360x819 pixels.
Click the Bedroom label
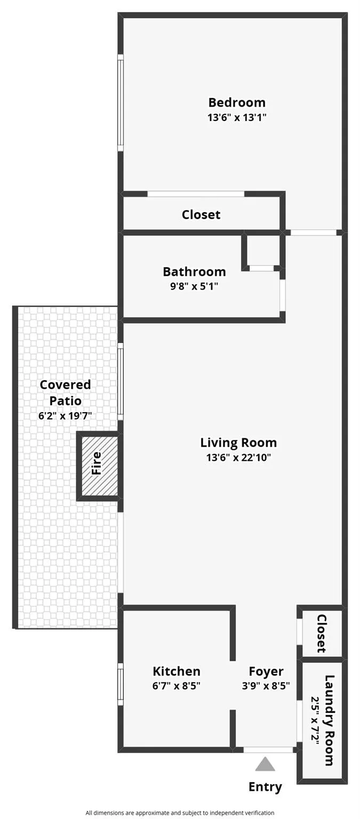click(x=236, y=102)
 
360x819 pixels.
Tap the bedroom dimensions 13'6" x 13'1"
click(x=236, y=117)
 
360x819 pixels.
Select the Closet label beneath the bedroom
click(x=201, y=214)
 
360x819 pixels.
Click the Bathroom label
click(x=194, y=272)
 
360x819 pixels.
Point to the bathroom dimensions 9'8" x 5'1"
click(x=194, y=286)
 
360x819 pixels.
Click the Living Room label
click(x=238, y=443)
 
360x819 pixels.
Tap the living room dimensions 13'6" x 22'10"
click(x=238, y=457)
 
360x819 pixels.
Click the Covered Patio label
click(x=65, y=392)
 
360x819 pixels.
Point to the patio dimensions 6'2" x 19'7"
click(x=65, y=416)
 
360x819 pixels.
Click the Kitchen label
click(x=177, y=671)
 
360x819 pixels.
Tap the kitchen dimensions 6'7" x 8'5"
click(x=177, y=686)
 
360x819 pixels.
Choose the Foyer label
click(x=266, y=671)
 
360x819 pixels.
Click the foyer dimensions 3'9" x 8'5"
click(x=266, y=686)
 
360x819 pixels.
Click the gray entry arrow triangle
click(x=265, y=765)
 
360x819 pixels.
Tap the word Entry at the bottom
click(x=265, y=787)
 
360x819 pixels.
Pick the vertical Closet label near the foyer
click(x=322, y=633)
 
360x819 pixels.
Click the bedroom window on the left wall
click(x=121, y=102)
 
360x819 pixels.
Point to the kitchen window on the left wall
click(x=121, y=684)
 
